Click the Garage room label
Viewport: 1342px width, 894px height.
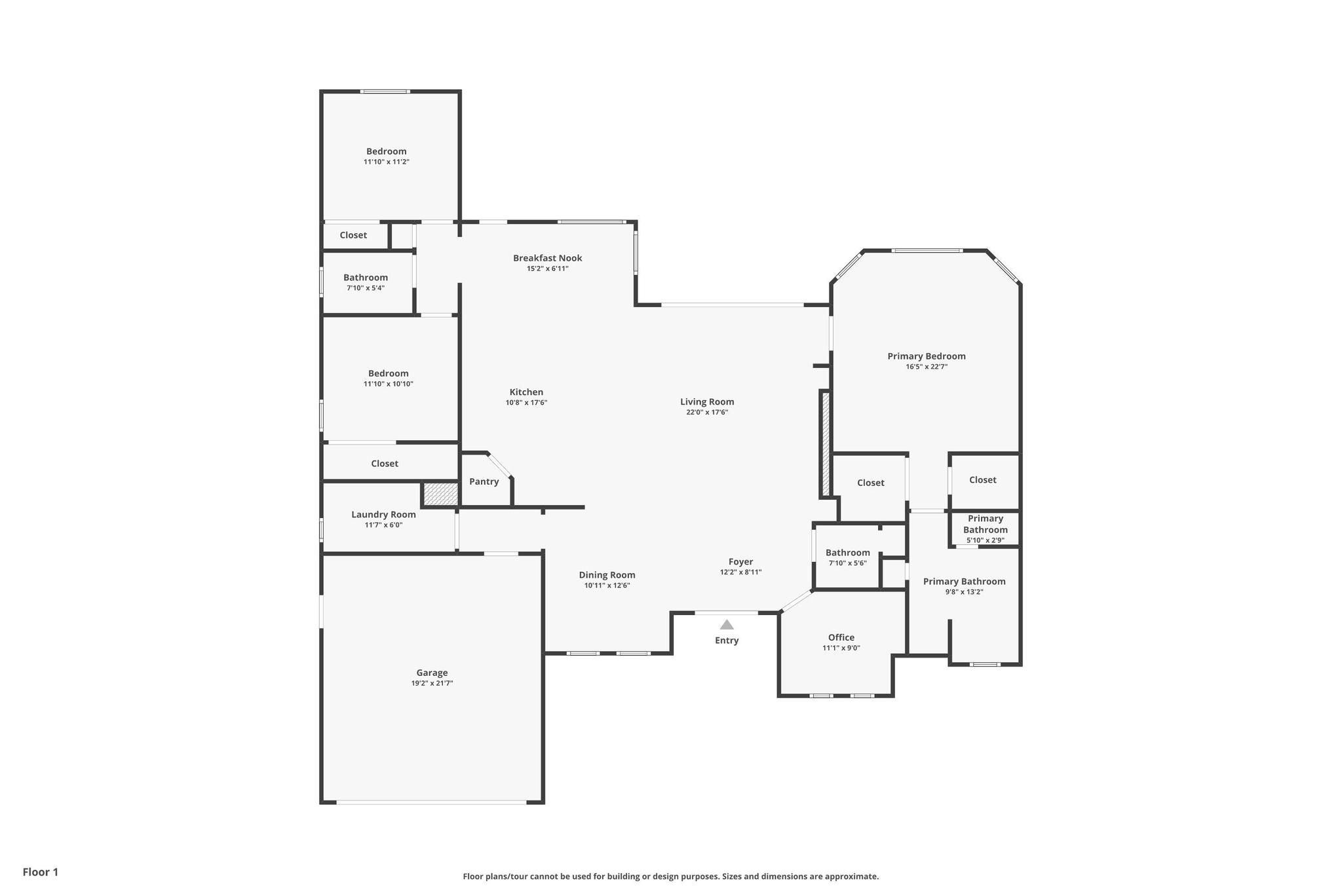pyautogui.click(x=432, y=673)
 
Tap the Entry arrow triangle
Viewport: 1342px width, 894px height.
pyautogui.click(x=727, y=625)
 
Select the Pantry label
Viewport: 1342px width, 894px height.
pyautogui.click(x=484, y=481)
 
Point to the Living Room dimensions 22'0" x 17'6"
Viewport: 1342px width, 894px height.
pyautogui.click(x=707, y=413)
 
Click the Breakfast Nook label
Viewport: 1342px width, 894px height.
pyautogui.click(x=548, y=258)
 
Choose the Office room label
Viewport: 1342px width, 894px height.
pyautogui.click(x=841, y=637)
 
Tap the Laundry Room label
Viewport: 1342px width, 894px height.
pyautogui.click(x=384, y=514)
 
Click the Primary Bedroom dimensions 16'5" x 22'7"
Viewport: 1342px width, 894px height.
pyautogui.click(x=927, y=367)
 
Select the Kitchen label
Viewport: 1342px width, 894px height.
pyautogui.click(x=526, y=392)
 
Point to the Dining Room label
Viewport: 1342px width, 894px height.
pyautogui.click(x=607, y=575)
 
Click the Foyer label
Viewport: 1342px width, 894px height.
pyautogui.click(x=741, y=561)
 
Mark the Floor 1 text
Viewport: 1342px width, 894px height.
pyautogui.click(x=41, y=872)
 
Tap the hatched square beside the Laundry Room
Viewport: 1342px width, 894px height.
pyautogui.click(x=440, y=494)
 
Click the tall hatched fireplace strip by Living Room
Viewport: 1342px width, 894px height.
pyautogui.click(x=826, y=443)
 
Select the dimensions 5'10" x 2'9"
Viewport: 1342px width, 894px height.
pyautogui.click(x=986, y=540)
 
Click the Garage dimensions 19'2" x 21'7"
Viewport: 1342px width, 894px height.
pyautogui.click(x=432, y=683)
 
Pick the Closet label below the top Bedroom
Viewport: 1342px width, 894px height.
pyautogui.click(x=353, y=235)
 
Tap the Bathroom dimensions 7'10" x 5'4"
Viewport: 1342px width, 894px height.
pyautogui.click(x=366, y=288)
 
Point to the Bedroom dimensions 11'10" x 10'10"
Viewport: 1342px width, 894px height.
pyautogui.click(x=389, y=384)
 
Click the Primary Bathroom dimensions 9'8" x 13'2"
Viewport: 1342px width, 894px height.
pyautogui.click(x=964, y=592)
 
